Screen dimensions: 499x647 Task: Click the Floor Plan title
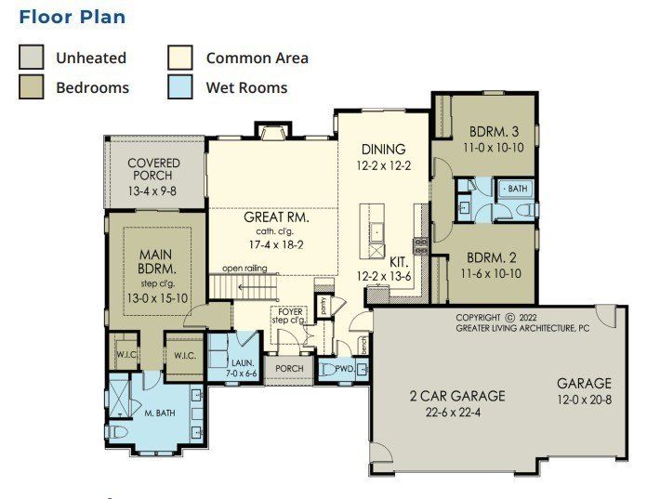coord(73,17)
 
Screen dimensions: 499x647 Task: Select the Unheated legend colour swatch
coord(32,58)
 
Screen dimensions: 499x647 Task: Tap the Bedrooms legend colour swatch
coord(32,87)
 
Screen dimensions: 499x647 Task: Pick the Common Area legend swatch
coord(180,58)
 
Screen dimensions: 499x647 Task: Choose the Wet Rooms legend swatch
coord(180,87)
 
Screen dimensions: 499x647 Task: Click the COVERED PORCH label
coord(153,169)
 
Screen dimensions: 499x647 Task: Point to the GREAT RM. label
coord(275,217)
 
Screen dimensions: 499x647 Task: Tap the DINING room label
coord(383,149)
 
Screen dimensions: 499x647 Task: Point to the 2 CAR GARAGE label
coord(457,396)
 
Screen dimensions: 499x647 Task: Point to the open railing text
coord(244,269)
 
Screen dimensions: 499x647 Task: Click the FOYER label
coord(286,311)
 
